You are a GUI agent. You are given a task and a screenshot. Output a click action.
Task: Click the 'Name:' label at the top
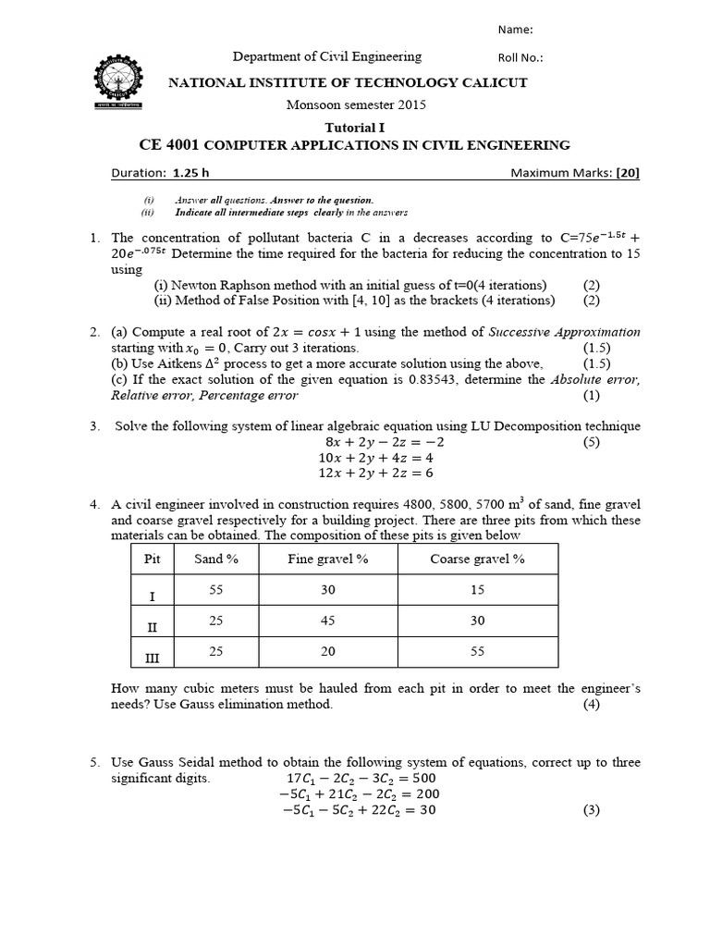tap(516, 30)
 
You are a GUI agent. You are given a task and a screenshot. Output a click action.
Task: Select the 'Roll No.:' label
tap(521, 57)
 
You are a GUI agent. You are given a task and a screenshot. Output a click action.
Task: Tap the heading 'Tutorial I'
tap(354, 127)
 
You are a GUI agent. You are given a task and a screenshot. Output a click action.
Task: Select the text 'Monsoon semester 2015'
tap(355, 105)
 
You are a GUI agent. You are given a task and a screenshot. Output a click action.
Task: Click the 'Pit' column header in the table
tap(153, 559)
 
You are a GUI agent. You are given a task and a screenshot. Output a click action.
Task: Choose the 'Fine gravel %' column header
tap(328, 559)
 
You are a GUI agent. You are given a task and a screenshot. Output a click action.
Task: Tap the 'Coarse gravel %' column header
tap(477, 559)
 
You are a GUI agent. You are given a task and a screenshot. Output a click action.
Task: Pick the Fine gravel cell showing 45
tap(328, 621)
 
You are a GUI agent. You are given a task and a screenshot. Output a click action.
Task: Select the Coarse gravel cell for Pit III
tap(477, 652)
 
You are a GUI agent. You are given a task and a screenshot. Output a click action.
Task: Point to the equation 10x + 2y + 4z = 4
tap(375, 457)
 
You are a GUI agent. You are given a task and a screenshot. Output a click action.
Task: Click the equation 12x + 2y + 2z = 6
tap(375, 473)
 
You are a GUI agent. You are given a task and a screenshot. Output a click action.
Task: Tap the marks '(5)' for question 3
tap(592, 442)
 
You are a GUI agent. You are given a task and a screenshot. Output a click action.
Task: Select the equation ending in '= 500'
tap(361, 778)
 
